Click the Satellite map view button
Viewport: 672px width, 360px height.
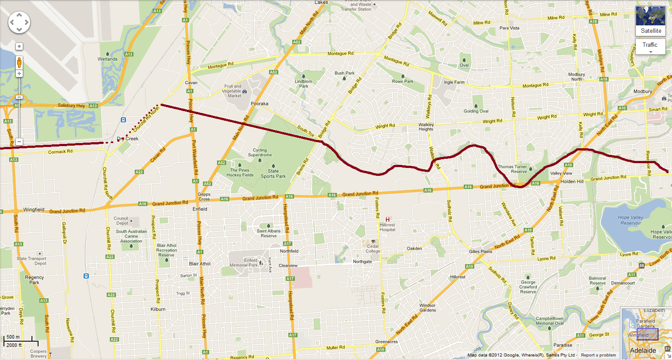tap(651, 21)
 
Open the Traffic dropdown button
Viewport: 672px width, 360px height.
tap(650, 46)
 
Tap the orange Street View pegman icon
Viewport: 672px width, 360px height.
tap(19, 63)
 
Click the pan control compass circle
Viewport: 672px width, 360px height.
tap(19, 22)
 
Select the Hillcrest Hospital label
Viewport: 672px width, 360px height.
tap(387, 227)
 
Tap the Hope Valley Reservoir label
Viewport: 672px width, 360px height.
tap(630, 220)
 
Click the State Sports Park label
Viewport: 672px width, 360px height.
tap(273, 174)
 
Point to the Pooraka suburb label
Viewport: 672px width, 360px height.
tap(259, 104)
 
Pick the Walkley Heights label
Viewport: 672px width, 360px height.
tap(426, 127)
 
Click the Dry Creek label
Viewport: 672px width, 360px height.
tap(128, 139)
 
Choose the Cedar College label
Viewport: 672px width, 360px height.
tap(373, 248)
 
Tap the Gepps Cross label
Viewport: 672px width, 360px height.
tap(204, 196)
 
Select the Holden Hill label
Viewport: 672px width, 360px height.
tap(572, 181)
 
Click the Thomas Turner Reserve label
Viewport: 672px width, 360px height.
tap(512, 169)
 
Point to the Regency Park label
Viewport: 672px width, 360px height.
tap(34, 280)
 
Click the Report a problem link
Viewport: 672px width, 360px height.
tap(598, 355)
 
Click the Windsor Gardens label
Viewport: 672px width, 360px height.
tap(427, 308)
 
